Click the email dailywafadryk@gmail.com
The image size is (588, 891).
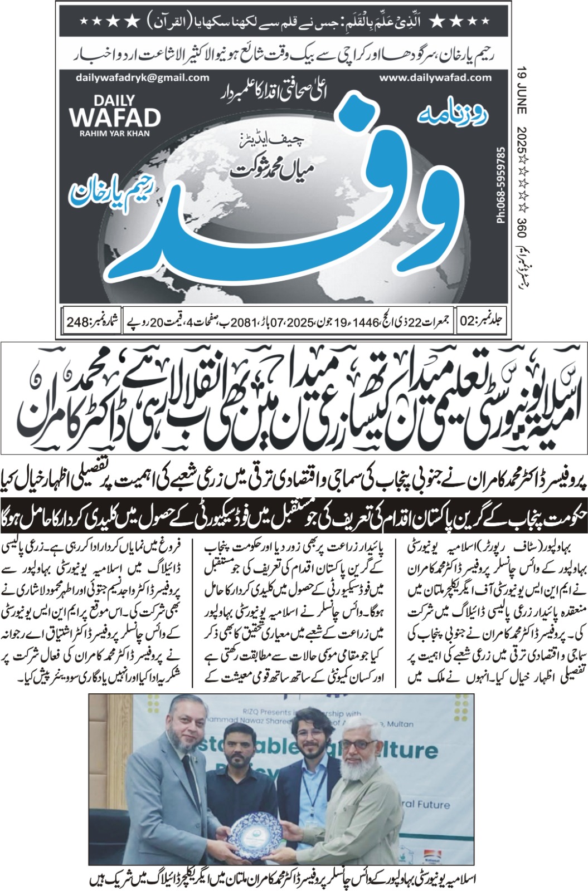point(143,78)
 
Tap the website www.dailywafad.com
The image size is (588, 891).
point(435,78)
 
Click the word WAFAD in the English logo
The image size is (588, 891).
point(115,118)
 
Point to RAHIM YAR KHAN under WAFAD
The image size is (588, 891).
point(115,133)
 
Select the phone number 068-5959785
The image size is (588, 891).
point(500,185)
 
